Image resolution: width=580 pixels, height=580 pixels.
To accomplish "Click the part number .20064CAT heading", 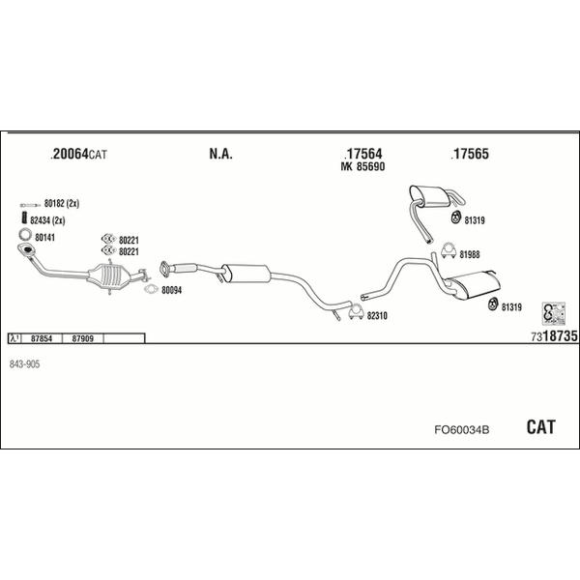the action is point(78,154).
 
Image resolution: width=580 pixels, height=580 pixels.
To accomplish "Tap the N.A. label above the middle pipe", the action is point(220,154).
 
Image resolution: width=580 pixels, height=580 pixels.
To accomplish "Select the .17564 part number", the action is point(362,154).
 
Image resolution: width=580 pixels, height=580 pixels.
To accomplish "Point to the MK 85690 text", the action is point(362,167).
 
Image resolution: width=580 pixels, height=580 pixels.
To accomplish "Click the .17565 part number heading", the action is point(470,154).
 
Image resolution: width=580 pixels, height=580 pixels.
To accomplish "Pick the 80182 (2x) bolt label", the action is point(62,203).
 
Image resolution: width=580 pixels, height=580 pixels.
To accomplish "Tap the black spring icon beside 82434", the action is point(25,217).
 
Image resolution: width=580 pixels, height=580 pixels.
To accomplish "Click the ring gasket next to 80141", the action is point(25,234).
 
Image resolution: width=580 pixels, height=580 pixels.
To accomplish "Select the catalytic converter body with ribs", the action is point(110,275).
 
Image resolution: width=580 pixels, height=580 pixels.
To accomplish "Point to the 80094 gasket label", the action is point(172,290).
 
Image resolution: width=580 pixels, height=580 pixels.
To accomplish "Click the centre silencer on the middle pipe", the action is point(246,274).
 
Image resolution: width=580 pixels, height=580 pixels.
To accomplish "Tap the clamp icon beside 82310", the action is point(356,312).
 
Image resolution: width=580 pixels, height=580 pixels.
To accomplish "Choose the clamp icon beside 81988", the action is point(449,250).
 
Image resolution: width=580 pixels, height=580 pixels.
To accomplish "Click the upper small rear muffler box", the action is point(429,196).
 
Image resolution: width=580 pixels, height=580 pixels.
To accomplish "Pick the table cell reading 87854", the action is point(42,338).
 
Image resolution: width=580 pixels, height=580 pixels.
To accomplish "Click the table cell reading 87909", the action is point(82,338).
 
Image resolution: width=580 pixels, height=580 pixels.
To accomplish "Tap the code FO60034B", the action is point(462,430).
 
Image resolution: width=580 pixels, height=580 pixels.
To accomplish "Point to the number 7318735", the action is point(554,336).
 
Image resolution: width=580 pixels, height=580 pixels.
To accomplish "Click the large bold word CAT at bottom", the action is point(540,427).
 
